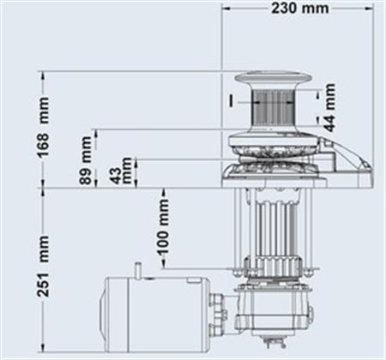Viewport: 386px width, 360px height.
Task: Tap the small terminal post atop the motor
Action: pos(137,270)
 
